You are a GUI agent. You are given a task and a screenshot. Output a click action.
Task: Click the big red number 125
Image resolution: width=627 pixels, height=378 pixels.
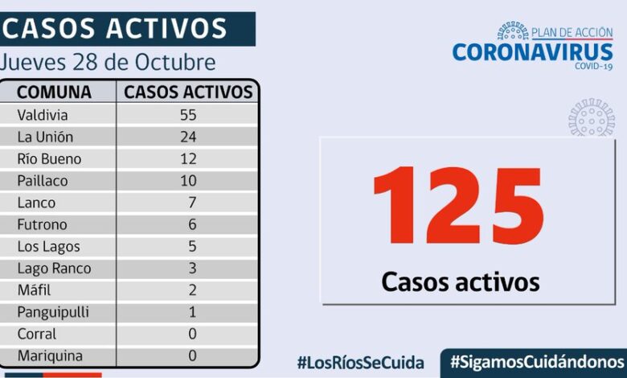tap(458, 207)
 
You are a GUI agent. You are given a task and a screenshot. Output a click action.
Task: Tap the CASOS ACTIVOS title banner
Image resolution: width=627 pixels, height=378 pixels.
tap(117, 29)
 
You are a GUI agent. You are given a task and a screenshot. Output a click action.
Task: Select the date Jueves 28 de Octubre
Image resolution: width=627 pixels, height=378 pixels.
tap(109, 63)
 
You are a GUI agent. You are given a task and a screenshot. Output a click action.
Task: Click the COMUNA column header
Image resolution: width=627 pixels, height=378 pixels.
tap(55, 92)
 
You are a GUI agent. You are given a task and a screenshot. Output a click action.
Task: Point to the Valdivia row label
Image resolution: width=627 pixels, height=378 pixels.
tap(43, 115)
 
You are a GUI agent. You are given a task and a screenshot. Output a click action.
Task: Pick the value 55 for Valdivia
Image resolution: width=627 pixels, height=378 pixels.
tap(188, 115)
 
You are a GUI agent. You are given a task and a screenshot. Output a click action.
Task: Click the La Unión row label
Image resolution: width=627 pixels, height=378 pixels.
tap(45, 137)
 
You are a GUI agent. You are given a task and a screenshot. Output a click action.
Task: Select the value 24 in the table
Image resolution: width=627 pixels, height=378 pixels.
tap(188, 137)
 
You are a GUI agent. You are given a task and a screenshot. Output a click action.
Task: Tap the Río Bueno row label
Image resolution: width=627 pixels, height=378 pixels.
tap(50, 158)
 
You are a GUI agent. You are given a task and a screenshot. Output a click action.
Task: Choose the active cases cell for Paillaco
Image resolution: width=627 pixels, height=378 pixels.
tap(188, 181)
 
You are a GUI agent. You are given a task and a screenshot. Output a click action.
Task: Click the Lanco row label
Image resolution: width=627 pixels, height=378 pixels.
tap(36, 203)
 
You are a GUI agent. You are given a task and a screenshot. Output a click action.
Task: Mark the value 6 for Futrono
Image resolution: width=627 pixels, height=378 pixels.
tap(192, 224)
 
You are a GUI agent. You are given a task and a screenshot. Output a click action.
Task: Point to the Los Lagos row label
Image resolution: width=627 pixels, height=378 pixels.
tap(49, 246)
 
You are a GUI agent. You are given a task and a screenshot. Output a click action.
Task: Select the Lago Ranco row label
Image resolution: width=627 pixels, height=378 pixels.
tap(54, 268)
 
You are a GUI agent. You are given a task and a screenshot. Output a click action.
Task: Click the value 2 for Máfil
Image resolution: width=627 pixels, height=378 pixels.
tap(192, 290)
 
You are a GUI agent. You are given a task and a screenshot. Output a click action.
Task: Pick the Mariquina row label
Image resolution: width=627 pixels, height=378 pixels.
tap(51, 355)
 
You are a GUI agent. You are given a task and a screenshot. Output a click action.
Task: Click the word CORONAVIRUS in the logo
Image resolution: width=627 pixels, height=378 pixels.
tap(532, 52)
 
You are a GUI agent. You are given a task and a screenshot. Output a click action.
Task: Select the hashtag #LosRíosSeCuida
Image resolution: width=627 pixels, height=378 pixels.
tap(359, 362)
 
